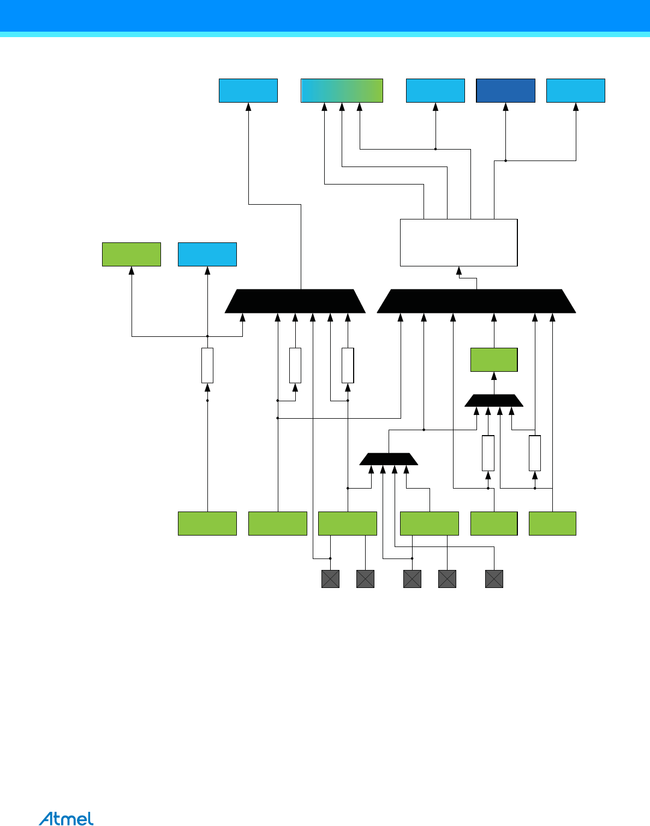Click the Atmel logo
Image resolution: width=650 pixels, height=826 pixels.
[66, 818]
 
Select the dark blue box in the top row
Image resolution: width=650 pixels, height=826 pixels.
[505, 91]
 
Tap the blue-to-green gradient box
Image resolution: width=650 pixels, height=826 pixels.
[342, 91]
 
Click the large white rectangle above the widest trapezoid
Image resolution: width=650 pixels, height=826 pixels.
[458, 242]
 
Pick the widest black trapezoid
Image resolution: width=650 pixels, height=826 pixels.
[476, 301]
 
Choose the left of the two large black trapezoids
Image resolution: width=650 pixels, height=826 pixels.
[295, 301]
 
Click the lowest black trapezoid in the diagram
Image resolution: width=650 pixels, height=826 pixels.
[389, 459]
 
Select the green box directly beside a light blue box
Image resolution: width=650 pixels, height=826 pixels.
[132, 254]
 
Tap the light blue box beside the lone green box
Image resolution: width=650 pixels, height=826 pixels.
[207, 254]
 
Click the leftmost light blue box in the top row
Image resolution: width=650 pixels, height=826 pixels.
[248, 91]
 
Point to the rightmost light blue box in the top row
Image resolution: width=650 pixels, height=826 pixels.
[576, 91]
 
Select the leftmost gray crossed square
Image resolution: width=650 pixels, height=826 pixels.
[330, 579]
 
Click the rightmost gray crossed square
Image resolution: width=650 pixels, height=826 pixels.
[494, 579]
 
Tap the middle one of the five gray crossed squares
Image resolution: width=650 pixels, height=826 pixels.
[412, 579]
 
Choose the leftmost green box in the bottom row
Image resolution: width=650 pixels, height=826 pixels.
[207, 524]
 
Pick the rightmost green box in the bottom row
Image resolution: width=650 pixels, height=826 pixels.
[552, 524]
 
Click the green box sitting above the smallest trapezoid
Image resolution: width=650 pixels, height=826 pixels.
[494, 360]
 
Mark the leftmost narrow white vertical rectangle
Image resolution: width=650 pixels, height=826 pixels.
[207, 365]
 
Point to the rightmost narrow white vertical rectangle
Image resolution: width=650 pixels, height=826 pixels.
[535, 453]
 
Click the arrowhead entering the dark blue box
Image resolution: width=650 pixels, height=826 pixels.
[506, 107]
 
